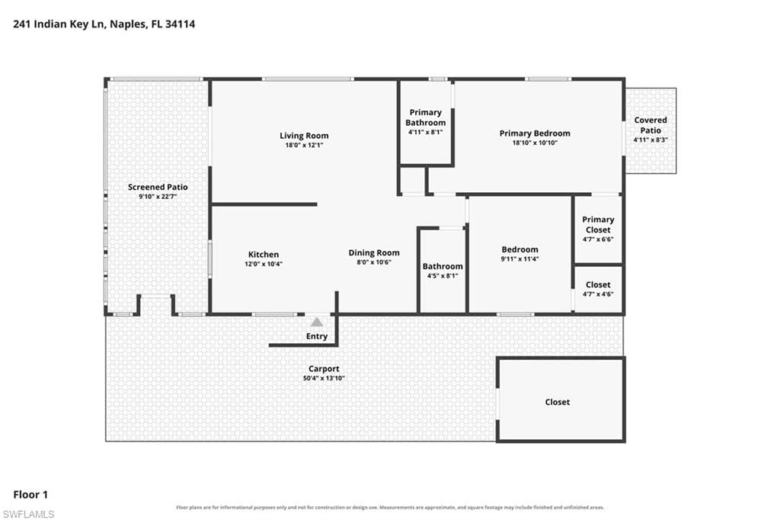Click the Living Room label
(x=304, y=136)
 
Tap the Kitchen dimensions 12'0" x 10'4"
(x=263, y=264)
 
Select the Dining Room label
(x=373, y=253)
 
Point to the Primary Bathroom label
(x=425, y=117)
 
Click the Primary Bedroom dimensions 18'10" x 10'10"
(x=535, y=143)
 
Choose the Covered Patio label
(x=651, y=125)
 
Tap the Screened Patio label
(x=158, y=188)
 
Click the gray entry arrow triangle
(x=317, y=323)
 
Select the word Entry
(x=317, y=337)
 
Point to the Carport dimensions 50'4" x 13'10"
(x=324, y=378)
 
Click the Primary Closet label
(x=598, y=225)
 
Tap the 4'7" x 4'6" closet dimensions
(x=598, y=294)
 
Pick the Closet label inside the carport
(x=557, y=402)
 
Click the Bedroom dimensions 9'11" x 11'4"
(x=519, y=259)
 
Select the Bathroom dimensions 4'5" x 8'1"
(x=443, y=276)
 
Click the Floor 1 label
(x=30, y=495)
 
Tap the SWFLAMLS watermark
(x=28, y=514)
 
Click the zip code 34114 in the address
(x=180, y=24)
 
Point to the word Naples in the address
(x=128, y=24)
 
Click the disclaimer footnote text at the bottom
(x=390, y=508)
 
